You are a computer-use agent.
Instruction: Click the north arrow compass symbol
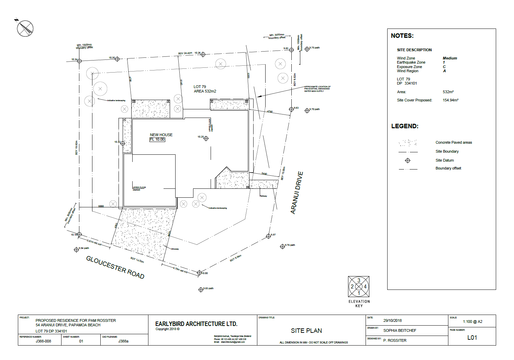tap(25, 29)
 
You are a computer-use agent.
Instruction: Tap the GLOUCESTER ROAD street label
tap(115, 267)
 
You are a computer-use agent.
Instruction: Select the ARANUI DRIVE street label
tap(297, 193)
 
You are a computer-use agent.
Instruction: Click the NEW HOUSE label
tap(161, 135)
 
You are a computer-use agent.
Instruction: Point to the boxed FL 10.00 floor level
tap(157, 140)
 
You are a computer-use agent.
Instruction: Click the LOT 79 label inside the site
tap(200, 87)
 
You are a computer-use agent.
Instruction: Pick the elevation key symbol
tap(359, 286)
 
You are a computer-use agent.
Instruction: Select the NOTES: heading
tap(402, 36)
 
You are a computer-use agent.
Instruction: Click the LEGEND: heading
tap(405, 126)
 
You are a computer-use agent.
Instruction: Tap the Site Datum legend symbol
tap(408, 161)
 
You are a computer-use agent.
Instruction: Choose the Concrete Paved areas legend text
tap(454, 142)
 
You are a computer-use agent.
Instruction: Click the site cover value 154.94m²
tap(450, 100)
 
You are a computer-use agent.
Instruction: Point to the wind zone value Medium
tap(450, 58)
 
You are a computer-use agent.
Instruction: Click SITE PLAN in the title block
tap(306, 331)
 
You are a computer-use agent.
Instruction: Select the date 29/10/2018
tap(392, 320)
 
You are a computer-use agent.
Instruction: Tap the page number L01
tap(472, 338)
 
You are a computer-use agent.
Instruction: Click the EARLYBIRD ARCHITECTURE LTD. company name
tap(196, 324)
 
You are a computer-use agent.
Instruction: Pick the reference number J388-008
tap(43, 341)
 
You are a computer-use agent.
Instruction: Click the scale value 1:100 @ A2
tap(472, 321)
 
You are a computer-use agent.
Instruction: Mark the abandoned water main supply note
tap(317, 89)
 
